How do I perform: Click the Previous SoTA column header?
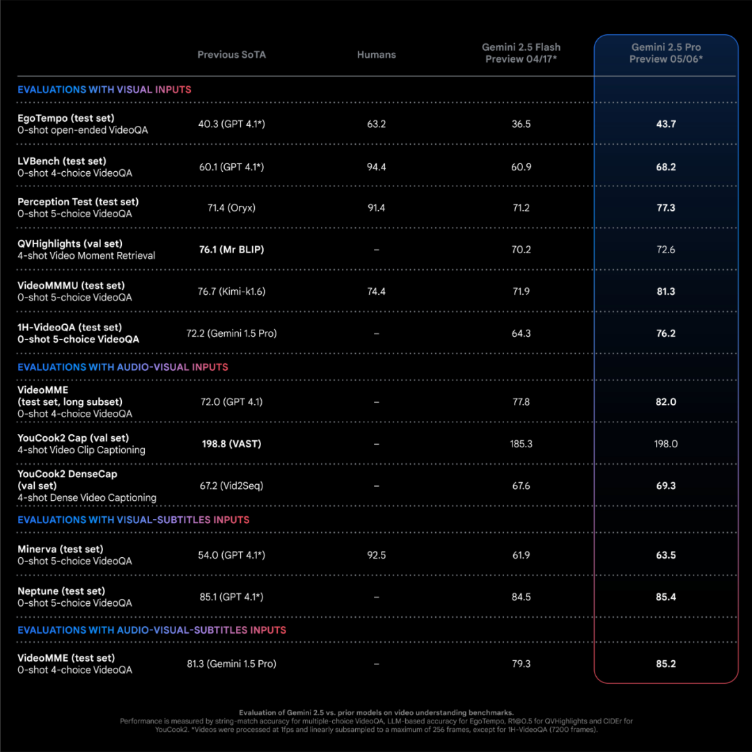pyautogui.click(x=231, y=55)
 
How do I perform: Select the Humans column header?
pyautogui.click(x=376, y=55)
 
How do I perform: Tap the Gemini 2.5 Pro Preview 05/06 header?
pyautogui.click(x=666, y=53)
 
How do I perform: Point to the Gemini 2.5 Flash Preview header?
pyautogui.click(x=521, y=53)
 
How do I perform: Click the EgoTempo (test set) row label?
pyautogui.click(x=66, y=118)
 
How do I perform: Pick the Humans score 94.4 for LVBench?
pyautogui.click(x=376, y=167)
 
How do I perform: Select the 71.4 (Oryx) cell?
pyautogui.click(x=231, y=208)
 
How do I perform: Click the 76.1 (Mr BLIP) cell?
pyautogui.click(x=231, y=250)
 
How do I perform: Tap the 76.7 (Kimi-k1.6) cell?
pyautogui.click(x=231, y=291)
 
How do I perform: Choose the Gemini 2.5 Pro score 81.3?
pyautogui.click(x=666, y=291)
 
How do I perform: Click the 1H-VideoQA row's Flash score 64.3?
pyautogui.click(x=521, y=333)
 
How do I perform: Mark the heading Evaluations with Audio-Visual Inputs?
pyautogui.click(x=123, y=367)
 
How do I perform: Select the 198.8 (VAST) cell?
pyautogui.click(x=231, y=444)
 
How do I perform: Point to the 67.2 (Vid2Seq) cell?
pyautogui.click(x=231, y=486)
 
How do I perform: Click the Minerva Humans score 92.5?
pyautogui.click(x=376, y=555)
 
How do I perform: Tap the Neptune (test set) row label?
pyautogui.click(x=61, y=591)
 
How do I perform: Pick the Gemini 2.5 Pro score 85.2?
pyautogui.click(x=666, y=664)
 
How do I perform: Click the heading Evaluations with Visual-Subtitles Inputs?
pyautogui.click(x=133, y=520)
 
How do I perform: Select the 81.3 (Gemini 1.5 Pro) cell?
pyautogui.click(x=231, y=664)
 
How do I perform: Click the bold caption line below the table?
pyautogui.click(x=376, y=712)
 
